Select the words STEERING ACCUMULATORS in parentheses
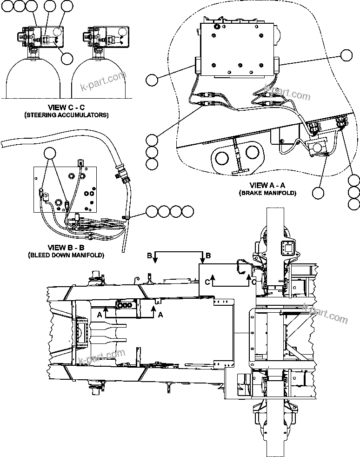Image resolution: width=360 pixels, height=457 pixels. [66, 115]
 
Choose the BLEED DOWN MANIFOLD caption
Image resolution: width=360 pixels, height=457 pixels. [66, 255]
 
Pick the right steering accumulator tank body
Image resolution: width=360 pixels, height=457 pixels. [100, 79]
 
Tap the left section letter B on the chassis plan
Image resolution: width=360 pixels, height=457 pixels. [149, 256]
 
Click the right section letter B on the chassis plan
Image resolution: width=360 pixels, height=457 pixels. [208, 256]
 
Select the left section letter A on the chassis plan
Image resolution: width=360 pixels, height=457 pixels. [100, 315]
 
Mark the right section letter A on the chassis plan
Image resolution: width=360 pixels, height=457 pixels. [160, 315]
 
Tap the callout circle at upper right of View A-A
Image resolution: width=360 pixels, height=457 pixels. [346, 55]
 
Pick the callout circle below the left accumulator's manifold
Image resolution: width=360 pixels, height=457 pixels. [67, 58]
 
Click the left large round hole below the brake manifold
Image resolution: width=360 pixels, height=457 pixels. [222, 156]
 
